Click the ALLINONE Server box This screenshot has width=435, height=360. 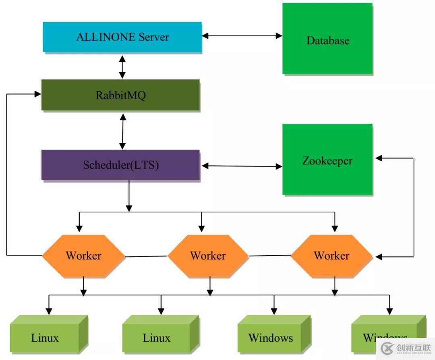pyautogui.click(x=122, y=37)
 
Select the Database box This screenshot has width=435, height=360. pyautogui.click(x=327, y=39)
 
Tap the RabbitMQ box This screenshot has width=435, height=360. pyautogui.click(x=120, y=95)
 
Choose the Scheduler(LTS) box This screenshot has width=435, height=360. pyautogui.click(x=120, y=165)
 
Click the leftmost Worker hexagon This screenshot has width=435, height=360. pyautogui.click(x=83, y=256)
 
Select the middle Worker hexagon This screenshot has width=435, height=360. pyautogui.click(x=208, y=256)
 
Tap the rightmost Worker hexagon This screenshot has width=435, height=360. pyautogui.click(x=331, y=256)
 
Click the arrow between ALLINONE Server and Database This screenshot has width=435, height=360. pyautogui.click(x=242, y=35)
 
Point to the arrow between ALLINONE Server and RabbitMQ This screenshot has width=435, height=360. pyautogui.click(x=122, y=67)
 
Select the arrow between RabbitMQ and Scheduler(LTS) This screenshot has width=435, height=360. pyautogui.click(x=122, y=131)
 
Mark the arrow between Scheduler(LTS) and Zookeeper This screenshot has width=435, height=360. pyautogui.click(x=242, y=166)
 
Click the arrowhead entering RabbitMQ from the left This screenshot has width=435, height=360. pyautogui.click(x=38, y=94)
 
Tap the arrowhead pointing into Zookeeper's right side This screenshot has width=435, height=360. pyautogui.click(x=379, y=158)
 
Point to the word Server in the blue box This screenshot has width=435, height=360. pyautogui.click(x=154, y=37)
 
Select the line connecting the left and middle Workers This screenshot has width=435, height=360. pyautogui.click(x=146, y=256)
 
